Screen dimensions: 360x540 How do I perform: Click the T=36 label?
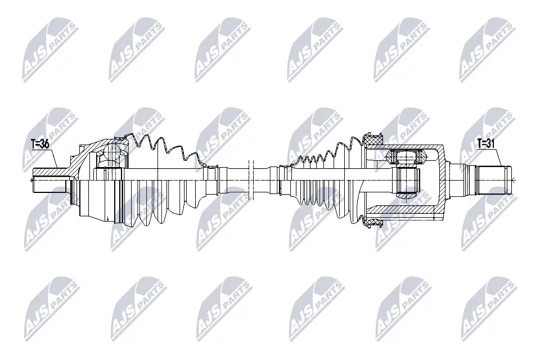tap(39, 145)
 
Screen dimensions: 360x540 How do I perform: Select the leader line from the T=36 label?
tap(55, 158)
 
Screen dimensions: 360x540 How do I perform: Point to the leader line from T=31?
tap(498, 158)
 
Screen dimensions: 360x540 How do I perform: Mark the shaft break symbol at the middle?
tap(251, 179)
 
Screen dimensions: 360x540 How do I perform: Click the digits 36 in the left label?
tap(44, 145)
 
